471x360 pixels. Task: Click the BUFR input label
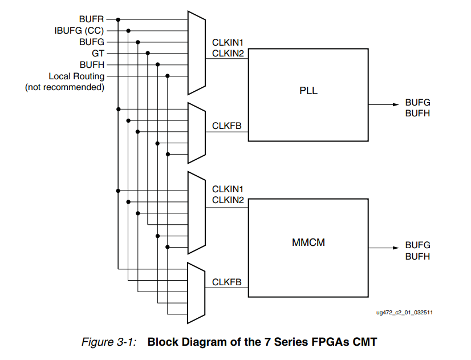pos(91,19)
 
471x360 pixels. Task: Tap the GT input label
pos(98,53)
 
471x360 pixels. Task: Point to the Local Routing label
pos(76,76)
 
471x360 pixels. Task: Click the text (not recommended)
pos(64,87)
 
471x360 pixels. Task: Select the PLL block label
pos(308,91)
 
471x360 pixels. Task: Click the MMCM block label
pos(308,242)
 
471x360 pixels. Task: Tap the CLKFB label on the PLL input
pos(227,126)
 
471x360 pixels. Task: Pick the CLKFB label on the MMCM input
pos(227,282)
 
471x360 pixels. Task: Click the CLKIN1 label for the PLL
pos(228,42)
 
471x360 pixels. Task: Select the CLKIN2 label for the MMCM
pos(228,200)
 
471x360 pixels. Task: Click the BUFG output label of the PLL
pos(417,102)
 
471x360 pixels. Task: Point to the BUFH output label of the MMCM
pos(417,257)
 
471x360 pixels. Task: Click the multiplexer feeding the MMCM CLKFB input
pos(196,292)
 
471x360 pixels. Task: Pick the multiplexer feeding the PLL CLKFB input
pos(196,132)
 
